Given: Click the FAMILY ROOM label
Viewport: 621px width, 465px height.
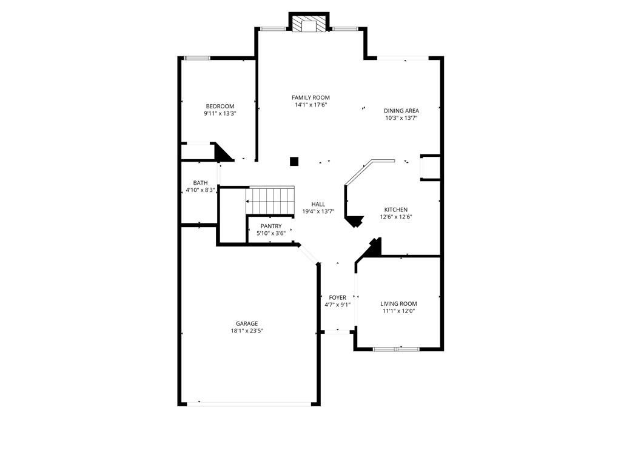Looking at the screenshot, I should point(310,97).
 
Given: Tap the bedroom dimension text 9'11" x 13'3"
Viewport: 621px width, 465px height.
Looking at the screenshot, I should point(220,113).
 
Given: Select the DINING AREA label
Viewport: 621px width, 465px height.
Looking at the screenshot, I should point(401,110).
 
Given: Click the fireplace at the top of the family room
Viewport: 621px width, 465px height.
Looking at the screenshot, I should point(309,24).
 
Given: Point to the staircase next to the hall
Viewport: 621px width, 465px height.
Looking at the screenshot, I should point(270,199).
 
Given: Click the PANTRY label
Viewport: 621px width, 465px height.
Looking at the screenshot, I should point(270,226).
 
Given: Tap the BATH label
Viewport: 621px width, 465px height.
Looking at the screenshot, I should point(200,183).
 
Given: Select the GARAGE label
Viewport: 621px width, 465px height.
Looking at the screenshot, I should point(247,323).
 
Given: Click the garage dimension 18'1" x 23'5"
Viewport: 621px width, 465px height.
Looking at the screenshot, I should point(247,331).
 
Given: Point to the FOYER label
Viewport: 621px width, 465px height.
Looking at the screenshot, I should point(337,297).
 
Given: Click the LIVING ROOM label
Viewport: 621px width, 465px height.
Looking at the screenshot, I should point(398,303).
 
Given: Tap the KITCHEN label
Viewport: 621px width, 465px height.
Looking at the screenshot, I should point(395,209).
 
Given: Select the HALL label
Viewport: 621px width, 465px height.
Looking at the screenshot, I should point(318,204).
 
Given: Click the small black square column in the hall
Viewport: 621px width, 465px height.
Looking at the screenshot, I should point(294,161).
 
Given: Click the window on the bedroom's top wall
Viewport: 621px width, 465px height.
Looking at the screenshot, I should point(197,58).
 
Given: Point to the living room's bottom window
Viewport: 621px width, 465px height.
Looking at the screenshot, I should point(395,349).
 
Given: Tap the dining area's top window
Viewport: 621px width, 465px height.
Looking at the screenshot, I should point(403,58).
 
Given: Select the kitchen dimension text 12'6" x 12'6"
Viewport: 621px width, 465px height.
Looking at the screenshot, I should point(395,217).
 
